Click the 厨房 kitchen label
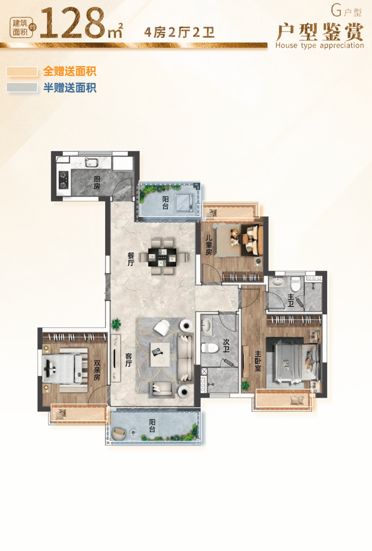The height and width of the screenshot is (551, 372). point(97,183)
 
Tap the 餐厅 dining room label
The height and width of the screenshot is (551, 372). point(131,259)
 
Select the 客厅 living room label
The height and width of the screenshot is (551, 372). point(129,360)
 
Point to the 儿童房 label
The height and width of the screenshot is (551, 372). point(209,245)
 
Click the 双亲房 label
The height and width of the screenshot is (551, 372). point(97,371)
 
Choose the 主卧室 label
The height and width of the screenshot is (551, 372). point(258,361)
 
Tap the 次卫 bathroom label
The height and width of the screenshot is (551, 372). point(226,345)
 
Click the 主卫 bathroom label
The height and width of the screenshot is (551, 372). point(291,300)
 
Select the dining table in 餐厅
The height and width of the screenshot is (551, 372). point(162,257)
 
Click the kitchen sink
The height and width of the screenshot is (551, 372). point(91,162)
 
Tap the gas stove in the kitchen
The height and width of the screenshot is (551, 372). point(63,179)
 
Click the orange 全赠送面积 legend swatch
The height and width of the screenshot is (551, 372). point(22,71)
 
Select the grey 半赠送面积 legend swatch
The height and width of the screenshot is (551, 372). point(22,87)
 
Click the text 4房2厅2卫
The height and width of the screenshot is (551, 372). point(179,33)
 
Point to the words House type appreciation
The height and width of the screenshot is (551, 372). point(319,45)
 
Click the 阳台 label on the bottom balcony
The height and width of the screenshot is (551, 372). point(152,425)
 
